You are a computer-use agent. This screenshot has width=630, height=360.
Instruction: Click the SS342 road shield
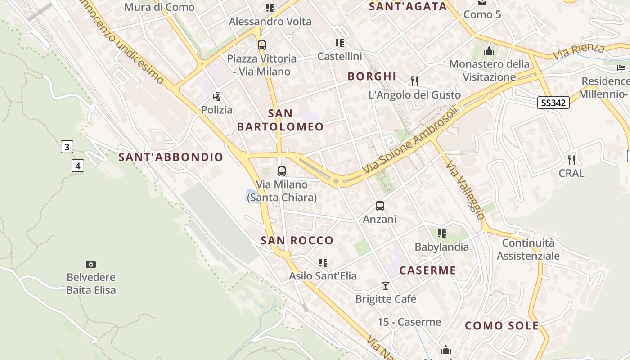[553, 103]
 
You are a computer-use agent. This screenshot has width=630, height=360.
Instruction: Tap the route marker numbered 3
[67, 147]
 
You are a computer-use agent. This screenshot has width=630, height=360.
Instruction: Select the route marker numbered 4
[78, 166]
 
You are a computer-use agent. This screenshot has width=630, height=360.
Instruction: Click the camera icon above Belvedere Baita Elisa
[91, 264]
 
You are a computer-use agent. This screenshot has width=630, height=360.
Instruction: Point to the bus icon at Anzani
[380, 206]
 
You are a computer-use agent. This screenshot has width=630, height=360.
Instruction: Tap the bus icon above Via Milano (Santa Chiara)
[282, 171]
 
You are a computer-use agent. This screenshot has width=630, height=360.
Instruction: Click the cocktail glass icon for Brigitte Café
[386, 286]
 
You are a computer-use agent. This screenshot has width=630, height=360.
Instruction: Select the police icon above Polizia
[217, 96]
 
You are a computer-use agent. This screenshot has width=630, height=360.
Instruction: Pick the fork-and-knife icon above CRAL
[571, 160]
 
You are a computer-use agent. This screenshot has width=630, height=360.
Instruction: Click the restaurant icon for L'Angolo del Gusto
[414, 81]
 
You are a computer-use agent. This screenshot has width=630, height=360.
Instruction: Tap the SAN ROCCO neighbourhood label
[297, 241]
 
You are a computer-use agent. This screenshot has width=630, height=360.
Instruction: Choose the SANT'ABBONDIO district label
[171, 157]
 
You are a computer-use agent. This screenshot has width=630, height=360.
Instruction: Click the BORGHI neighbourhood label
[372, 76]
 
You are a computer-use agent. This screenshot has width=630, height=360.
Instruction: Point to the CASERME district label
[427, 270]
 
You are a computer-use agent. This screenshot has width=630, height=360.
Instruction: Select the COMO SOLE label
[502, 326]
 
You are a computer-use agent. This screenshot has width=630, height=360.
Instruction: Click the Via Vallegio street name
[466, 190]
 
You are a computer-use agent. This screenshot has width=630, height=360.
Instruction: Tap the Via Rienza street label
[578, 51]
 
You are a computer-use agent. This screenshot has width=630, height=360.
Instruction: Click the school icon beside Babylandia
[442, 233]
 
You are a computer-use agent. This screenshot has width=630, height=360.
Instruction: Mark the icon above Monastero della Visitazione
[489, 51]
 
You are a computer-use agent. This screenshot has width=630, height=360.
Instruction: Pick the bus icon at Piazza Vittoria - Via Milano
[262, 45]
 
